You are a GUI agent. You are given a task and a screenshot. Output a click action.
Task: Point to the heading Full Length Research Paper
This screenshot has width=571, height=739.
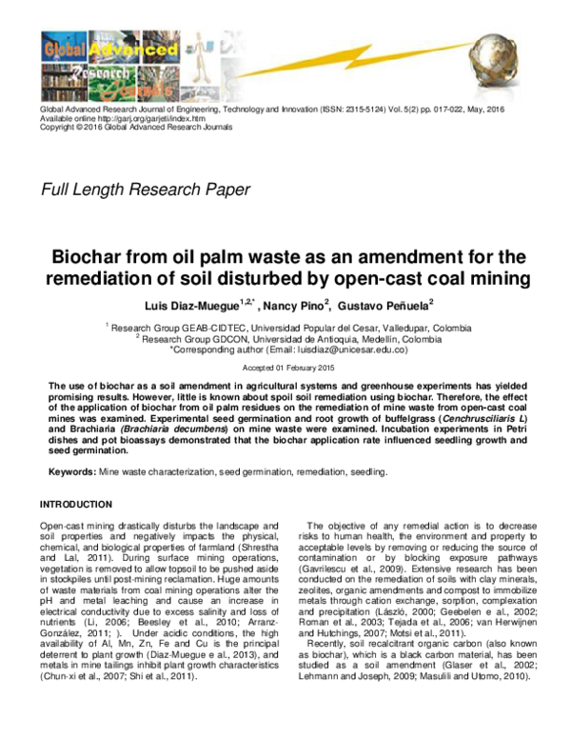[x=146, y=189]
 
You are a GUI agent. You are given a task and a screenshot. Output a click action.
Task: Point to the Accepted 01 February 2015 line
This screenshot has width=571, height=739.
[x=285, y=367]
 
